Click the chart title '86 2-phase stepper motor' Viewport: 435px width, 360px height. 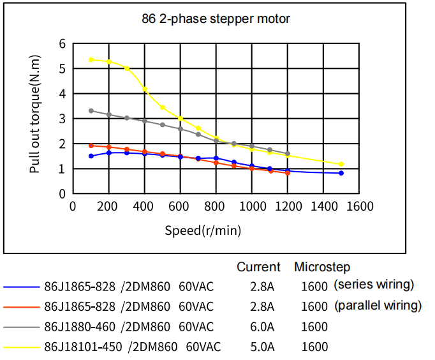click(216, 19)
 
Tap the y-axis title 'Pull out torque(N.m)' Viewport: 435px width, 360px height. click(36, 119)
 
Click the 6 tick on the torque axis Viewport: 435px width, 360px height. click(63, 44)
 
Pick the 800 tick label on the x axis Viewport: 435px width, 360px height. click(216, 206)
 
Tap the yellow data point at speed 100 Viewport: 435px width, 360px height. click(91, 59)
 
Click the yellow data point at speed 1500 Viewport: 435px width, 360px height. click(341, 164)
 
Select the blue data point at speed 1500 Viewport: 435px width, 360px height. click(341, 173)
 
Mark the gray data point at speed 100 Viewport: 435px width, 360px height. click(91, 110)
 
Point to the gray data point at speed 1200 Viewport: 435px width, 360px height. click(288, 154)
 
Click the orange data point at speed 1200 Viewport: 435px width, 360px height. click(288, 173)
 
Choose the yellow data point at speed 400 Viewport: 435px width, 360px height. click(145, 89)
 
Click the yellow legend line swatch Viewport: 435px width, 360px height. click(21, 348)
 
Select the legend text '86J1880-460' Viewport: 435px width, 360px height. click(80, 327)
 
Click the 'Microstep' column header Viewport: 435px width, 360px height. click(322, 267)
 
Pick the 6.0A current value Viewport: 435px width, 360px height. click(262, 327)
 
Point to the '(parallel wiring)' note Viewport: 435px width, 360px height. click(378, 305)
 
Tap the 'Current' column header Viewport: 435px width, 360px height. click(258, 267)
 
